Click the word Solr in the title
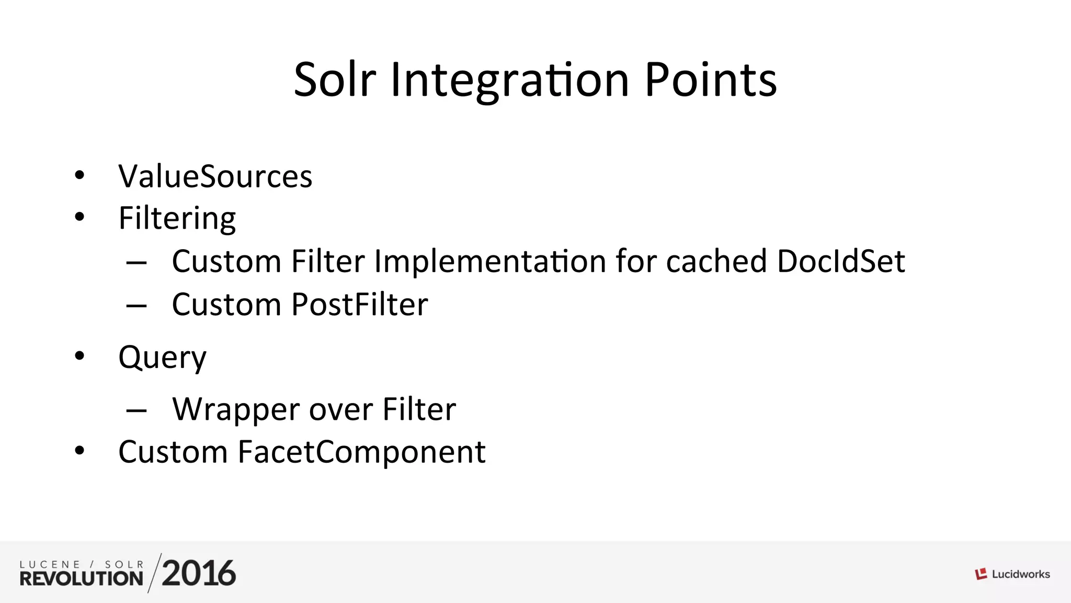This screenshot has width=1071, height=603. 335,80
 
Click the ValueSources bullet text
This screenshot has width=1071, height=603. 215,176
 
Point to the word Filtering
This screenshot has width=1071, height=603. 177,218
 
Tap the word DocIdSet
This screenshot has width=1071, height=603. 841,261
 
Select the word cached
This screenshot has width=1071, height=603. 716,261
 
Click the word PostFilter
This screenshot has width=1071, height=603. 360,305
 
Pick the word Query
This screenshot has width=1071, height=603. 162,358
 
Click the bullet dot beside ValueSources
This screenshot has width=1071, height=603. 79,175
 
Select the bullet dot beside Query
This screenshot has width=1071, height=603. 79,356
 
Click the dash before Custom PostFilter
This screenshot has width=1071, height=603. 136,306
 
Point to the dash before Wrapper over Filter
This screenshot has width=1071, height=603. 136,411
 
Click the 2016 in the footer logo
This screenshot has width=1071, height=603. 199,573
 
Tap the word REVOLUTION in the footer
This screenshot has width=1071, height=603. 82,578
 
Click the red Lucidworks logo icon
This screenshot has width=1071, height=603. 981,574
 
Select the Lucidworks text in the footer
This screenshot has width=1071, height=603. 1021,574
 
